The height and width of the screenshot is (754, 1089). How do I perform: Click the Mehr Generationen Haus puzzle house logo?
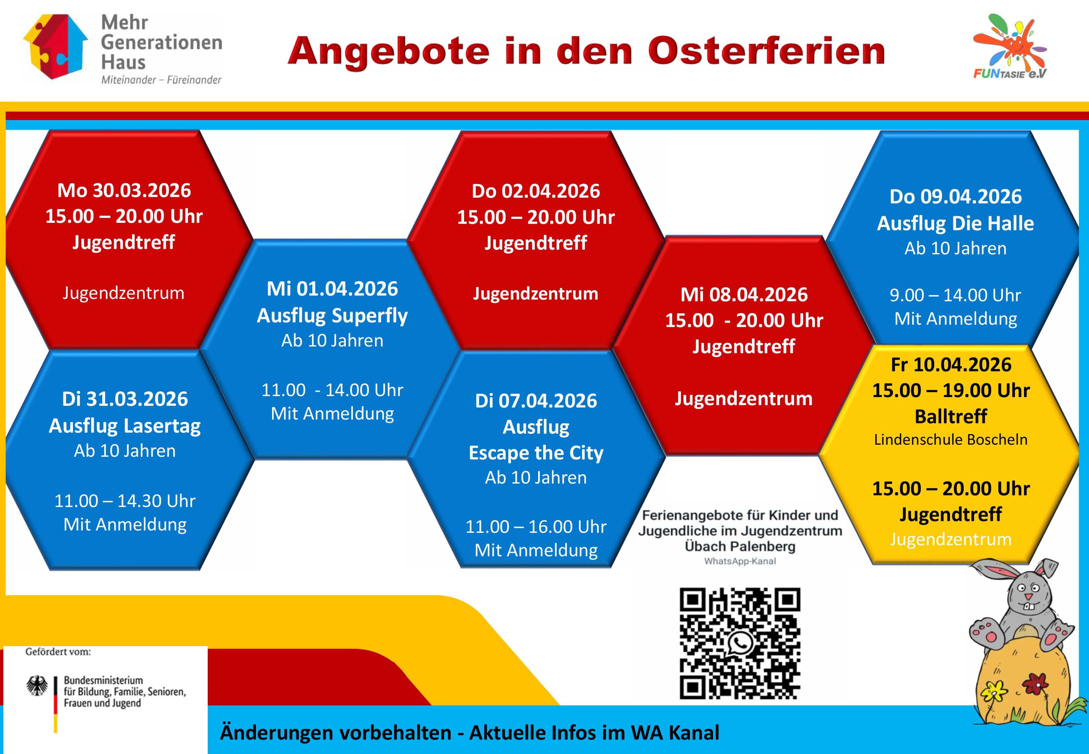click(x=55, y=46)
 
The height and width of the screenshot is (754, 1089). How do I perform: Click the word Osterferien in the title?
click(x=766, y=51)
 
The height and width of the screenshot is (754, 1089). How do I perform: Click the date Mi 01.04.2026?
click(x=332, y=289)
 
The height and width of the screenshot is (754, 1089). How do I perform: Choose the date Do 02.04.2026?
click(x=536, y=191)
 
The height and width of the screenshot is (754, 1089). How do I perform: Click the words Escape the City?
click(x=536, y=453)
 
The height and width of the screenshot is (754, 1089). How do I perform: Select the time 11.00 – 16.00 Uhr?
click(x=536, y=527)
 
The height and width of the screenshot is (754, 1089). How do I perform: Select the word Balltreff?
click(x=951, y=417)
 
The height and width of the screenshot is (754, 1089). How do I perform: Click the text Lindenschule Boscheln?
click(x=951, y=440)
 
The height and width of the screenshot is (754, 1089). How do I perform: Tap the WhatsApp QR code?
click(x=740, y=643)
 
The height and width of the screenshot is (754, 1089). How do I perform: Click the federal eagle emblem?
click(x=37, y=686)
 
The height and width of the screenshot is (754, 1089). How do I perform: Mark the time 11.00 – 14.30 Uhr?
click(x=125, y=501)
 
